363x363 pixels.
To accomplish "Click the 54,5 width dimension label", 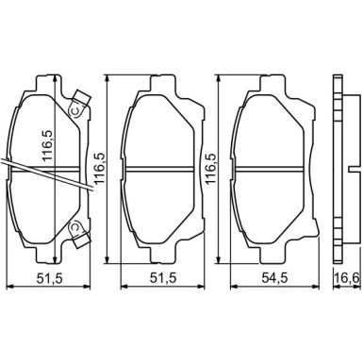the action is [274, 277].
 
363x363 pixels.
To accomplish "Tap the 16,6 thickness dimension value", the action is [347, 277].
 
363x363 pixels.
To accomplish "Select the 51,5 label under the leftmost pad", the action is [50, 277].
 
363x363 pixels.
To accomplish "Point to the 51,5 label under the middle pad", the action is [163, 277].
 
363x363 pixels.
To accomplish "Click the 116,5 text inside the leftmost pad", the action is [48, 146].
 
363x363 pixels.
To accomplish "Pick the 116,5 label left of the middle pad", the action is [98, 169].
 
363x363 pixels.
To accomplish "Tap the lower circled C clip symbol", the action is [75, 229].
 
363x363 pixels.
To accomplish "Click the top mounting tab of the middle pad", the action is [162, 83].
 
